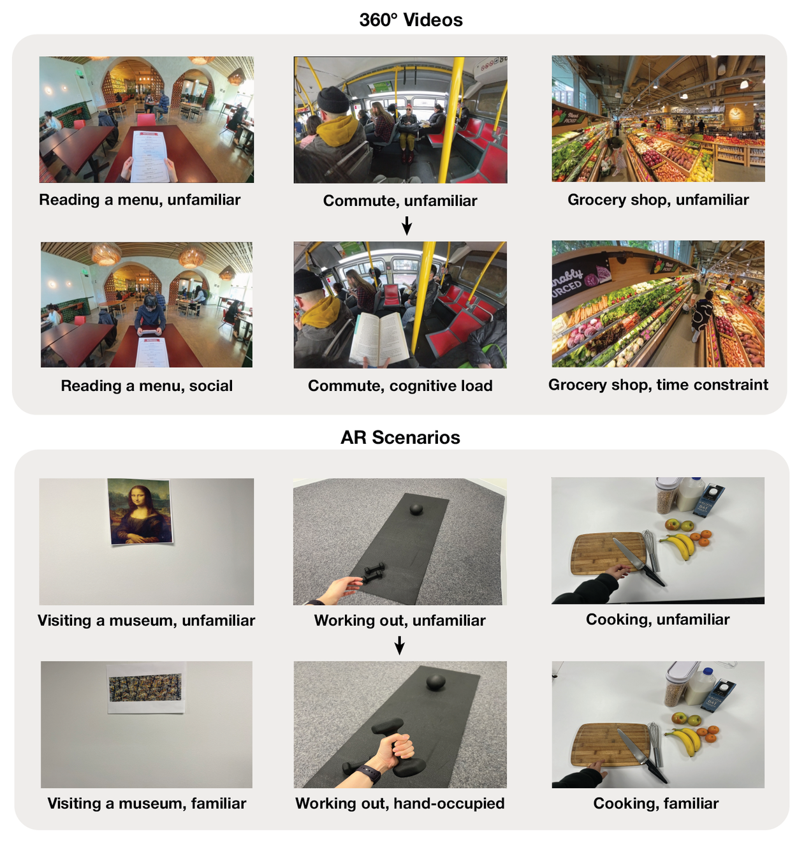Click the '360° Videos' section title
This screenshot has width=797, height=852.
411,20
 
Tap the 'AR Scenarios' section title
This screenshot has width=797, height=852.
400,437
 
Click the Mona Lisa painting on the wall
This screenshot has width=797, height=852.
140,511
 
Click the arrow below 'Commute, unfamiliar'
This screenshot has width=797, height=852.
407,225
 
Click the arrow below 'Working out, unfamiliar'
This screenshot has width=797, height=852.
399,645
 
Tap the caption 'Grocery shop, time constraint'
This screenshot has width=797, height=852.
657,385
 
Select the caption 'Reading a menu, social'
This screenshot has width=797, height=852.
147,385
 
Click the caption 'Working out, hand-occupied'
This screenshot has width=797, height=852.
400,803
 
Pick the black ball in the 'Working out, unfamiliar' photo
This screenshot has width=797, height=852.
416,510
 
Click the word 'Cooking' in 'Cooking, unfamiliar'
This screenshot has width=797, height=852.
618,619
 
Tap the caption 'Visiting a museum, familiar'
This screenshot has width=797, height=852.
147,803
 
